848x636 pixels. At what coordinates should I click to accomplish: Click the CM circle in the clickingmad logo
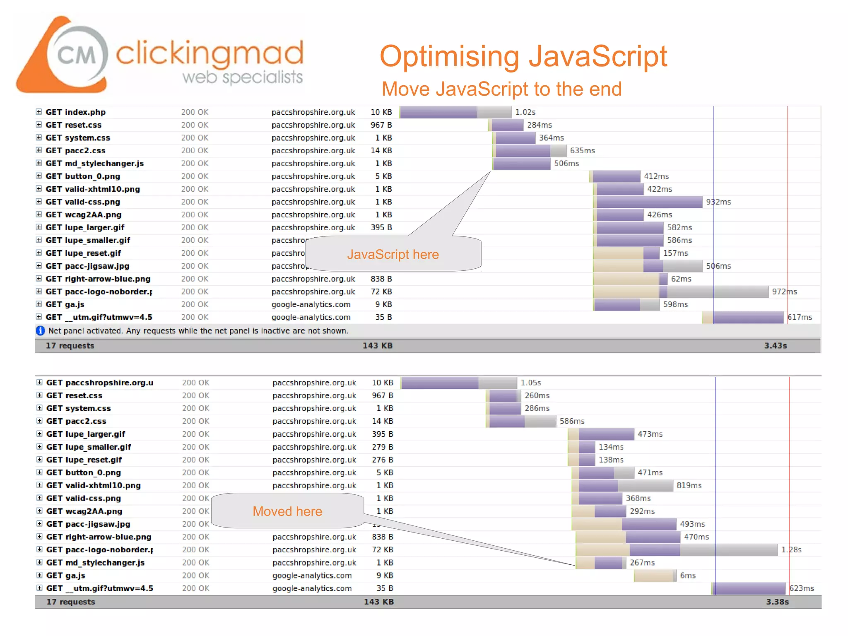click(x=77, y=54)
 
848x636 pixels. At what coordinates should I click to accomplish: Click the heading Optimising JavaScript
click(x=523, y=56)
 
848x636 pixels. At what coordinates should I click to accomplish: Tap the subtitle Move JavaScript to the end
click(x=501, y=89)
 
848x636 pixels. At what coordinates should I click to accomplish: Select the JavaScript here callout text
click(x=393, y=254)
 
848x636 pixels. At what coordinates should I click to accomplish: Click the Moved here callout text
click(x=287, y=511)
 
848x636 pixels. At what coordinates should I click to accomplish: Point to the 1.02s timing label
click(x=525, y=112)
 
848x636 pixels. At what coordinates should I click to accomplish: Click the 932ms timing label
click(x=718, y=202)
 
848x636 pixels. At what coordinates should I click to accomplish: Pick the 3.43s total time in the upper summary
click(x=775, y=346)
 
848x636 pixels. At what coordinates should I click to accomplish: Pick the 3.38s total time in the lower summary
click(x=777, y=602)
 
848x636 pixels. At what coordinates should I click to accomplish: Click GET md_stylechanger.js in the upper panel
click(x=95, y=164)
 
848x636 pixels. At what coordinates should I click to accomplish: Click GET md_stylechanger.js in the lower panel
click(x=96, y=563)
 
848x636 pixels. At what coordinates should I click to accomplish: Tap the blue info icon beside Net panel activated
click(x=40, y=331)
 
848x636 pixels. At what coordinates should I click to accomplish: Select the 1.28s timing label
click(x=791, y=550)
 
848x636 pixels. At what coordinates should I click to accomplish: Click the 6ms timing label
click(x=687, y=576)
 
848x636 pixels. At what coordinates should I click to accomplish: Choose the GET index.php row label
click(x=76, y=112)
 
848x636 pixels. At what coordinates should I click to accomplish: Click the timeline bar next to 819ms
click(x=625, y=486)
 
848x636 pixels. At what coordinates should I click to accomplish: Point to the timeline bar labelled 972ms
click(x=681, y=292)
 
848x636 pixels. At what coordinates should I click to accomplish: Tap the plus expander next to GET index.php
click(x=39, y=112)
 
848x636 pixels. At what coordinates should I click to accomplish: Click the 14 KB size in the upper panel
click(x=381, y=151)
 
